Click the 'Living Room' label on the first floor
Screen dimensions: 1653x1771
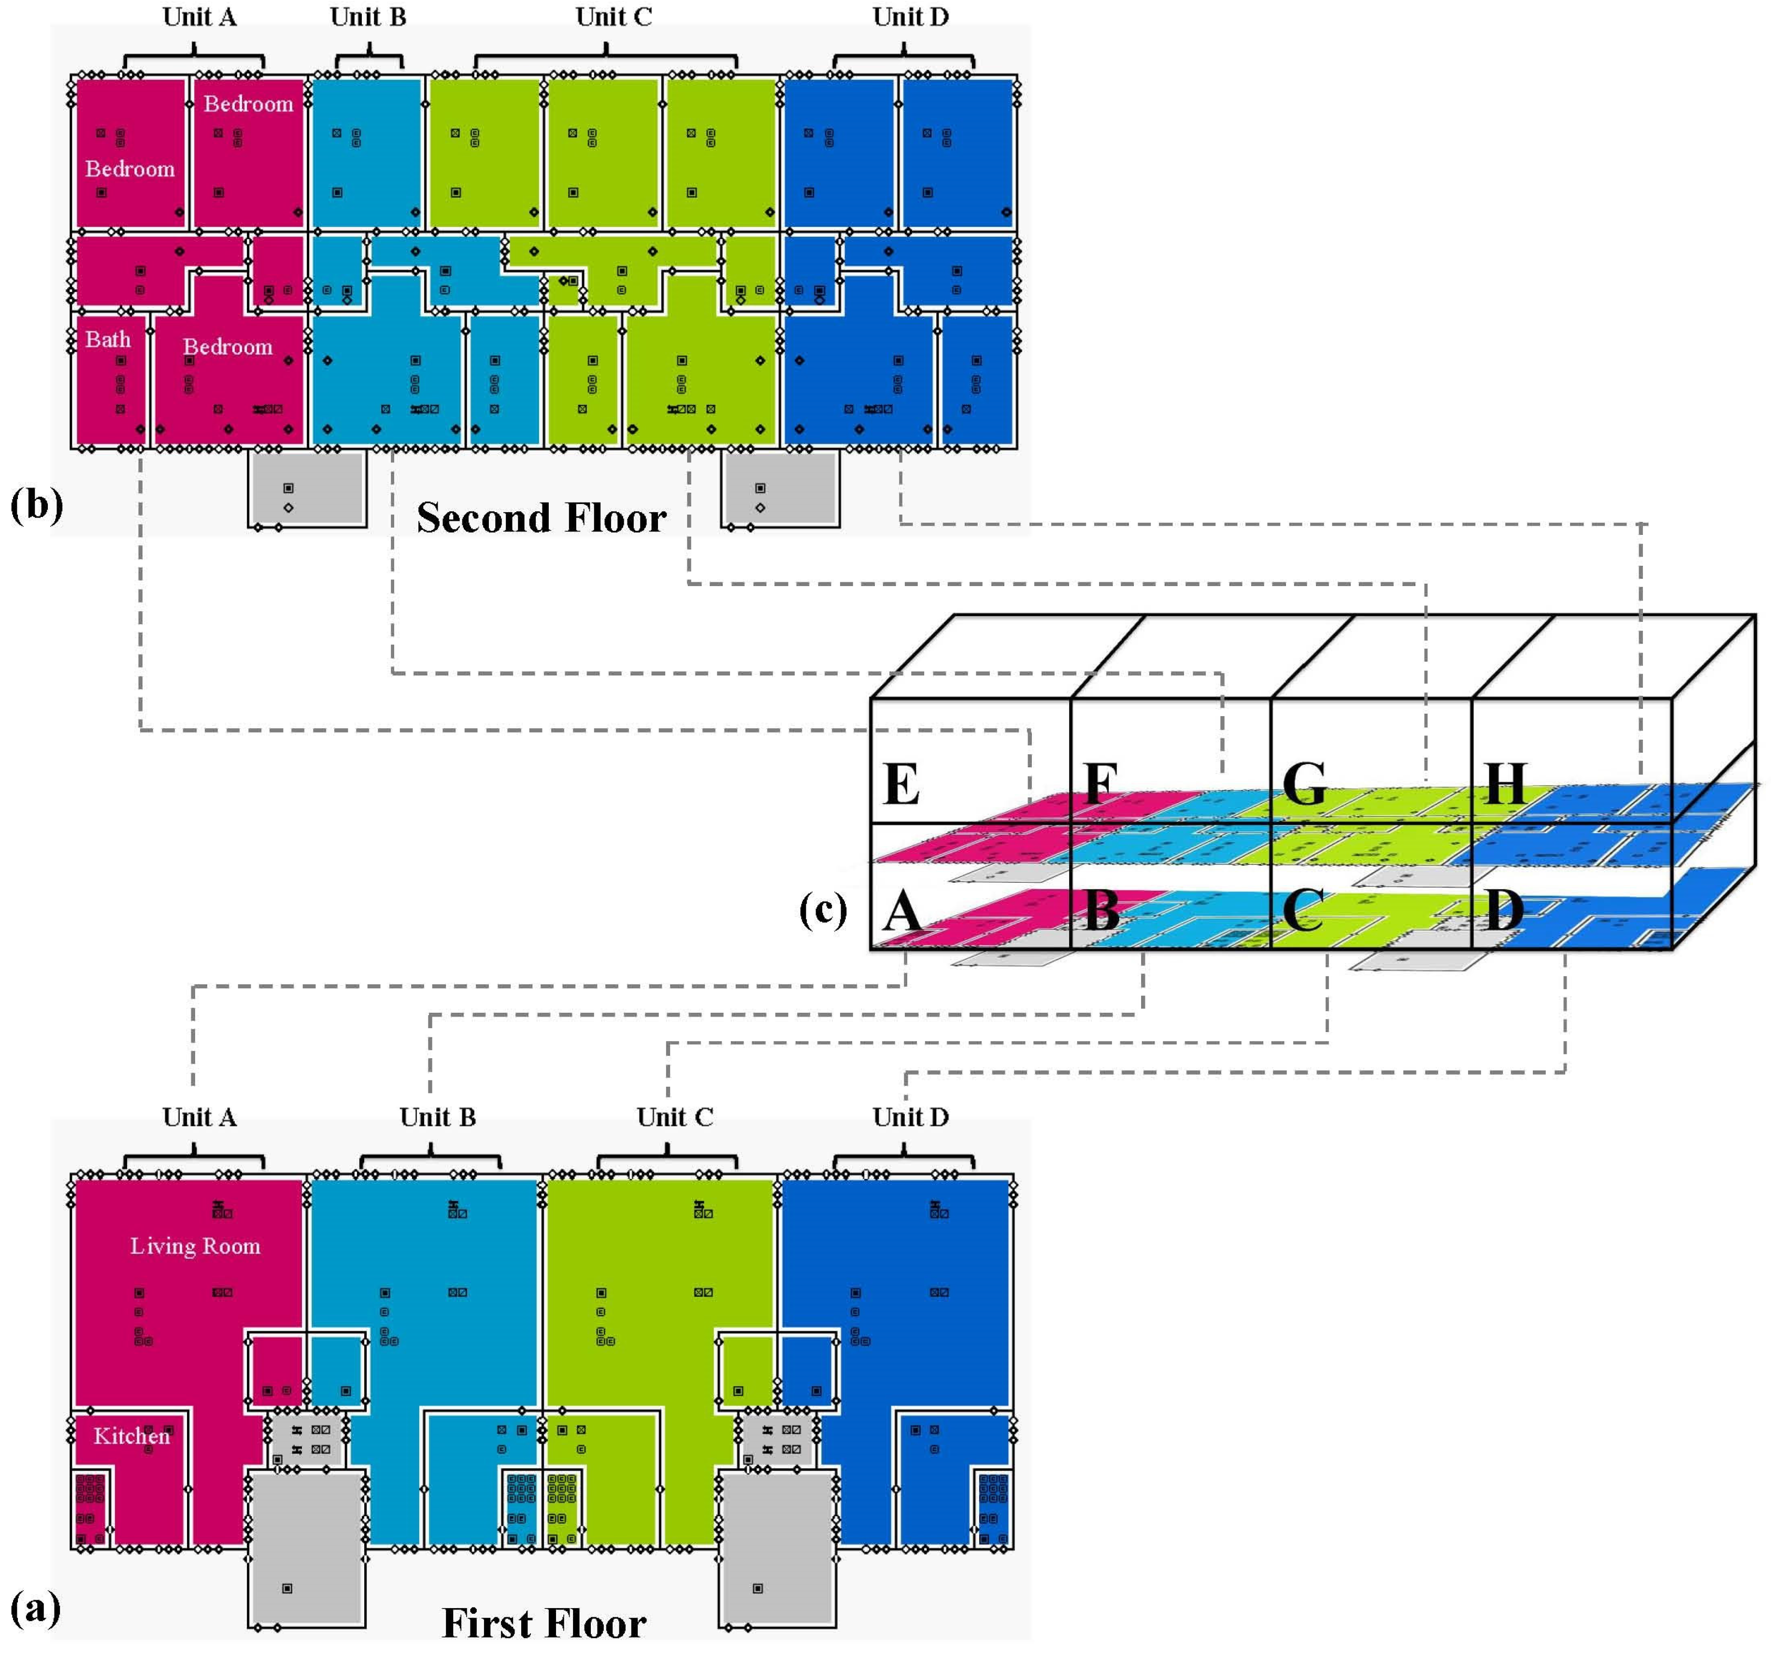[x=195, y=1246]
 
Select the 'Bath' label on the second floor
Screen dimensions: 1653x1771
[x=108, y=340]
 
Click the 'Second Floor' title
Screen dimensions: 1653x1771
[x=541, y=517]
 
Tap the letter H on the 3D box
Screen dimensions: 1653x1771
[x=1505, y=783]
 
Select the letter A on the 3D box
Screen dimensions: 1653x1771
[x=901, y=912]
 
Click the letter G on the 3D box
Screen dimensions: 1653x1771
[x=1304, y=784]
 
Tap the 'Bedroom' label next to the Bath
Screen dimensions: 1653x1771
[x=228, y=346]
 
